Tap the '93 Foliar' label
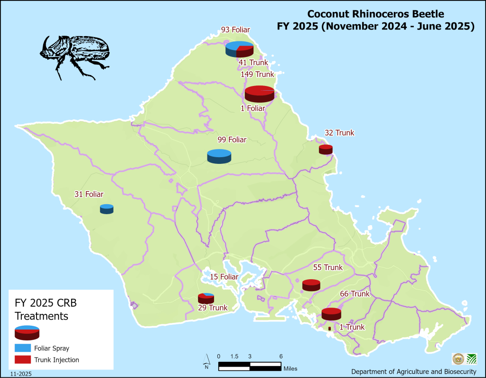(235, 30)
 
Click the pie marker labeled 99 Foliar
(219, 156)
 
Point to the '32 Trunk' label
(339, 133)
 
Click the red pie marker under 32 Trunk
(326, 150)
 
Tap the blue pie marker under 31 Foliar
(106, 209)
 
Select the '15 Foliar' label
(224, 277)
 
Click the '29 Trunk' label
(213, 308)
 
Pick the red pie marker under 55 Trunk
(311, 285)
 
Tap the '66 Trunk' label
(355, 294)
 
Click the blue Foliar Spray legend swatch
(23, 348)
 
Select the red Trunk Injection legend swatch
(23, 360)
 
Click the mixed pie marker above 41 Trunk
(239, 49)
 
